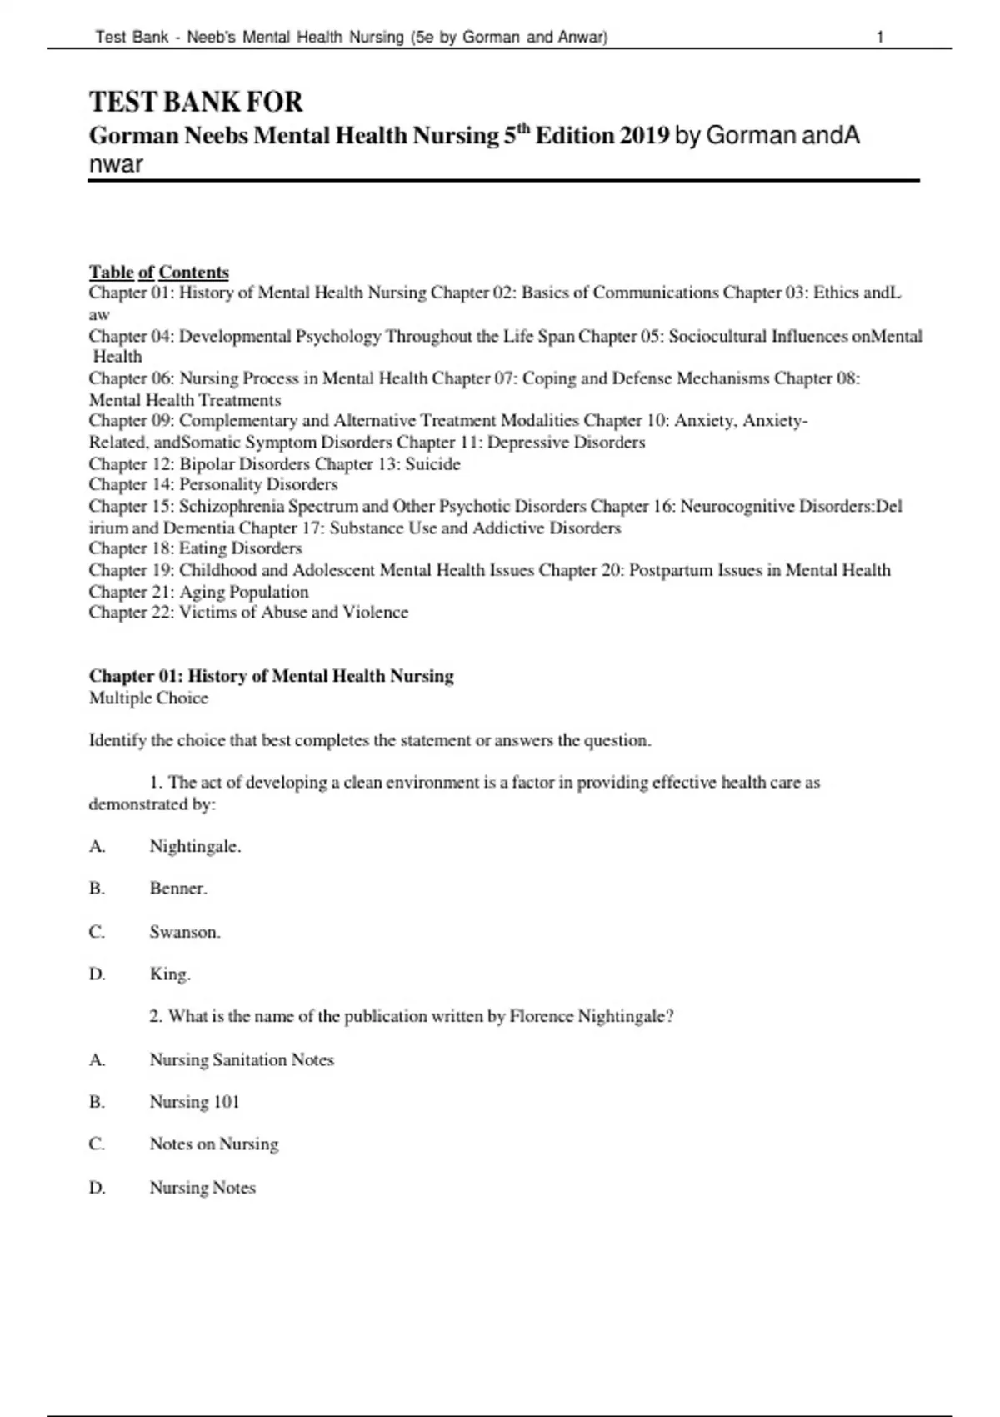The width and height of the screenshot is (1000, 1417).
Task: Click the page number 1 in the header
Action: (880, 37)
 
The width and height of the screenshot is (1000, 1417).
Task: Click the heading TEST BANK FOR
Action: (196, 102)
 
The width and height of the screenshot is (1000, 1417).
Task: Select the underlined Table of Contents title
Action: (158, 272)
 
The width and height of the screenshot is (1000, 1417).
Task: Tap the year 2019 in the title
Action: (644, 135)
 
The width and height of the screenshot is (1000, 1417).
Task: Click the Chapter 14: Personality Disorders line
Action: (213, 484)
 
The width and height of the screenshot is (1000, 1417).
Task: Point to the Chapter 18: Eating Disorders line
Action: (195, 548)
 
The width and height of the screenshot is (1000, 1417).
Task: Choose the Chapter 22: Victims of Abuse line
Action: (248, 613)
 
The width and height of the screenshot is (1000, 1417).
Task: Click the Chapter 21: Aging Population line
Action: (198, 592)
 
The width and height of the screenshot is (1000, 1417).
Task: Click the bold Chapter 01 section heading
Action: (271, 676)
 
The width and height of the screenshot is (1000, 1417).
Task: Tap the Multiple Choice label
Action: (148, 698)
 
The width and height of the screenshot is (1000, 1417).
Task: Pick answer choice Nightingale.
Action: (195, 847)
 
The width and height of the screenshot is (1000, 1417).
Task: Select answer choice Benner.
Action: (178, 889)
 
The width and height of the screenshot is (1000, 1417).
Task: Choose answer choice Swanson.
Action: (185, 932)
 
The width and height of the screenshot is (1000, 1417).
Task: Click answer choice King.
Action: (170, 974)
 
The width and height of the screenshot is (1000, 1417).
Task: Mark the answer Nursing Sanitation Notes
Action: (242, 1060)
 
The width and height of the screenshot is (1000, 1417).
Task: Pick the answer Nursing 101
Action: (194, 1102)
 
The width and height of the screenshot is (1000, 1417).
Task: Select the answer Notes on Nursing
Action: (214, 1144)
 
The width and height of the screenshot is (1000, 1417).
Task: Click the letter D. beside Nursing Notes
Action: (97, 1188)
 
